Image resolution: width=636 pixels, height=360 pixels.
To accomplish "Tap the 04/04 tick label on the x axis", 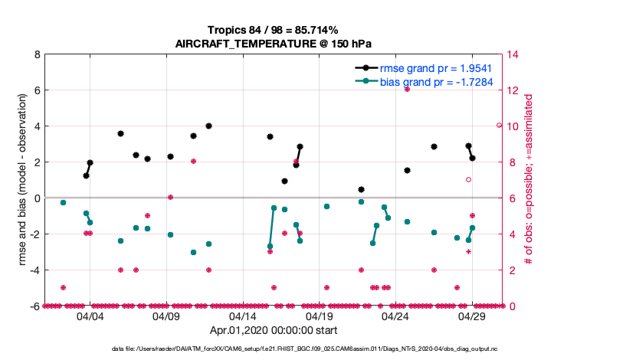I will point(90,316).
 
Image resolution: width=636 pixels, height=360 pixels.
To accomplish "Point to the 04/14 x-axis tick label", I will point(243,316).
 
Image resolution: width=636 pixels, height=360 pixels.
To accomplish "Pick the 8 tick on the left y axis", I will point(37,54).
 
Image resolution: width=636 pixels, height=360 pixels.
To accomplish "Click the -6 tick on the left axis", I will point(35,306).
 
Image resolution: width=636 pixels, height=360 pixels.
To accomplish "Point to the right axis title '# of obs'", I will point(529,180).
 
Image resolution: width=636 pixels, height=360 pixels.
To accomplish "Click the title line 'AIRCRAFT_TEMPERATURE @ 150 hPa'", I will point(274,43).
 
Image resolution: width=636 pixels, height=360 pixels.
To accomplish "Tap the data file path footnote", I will point(318,349).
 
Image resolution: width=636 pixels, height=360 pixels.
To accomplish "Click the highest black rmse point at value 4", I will point(208,126).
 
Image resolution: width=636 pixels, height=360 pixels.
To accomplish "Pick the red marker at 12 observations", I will point(407,89).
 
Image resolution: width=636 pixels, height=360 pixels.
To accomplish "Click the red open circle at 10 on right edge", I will point(499,125).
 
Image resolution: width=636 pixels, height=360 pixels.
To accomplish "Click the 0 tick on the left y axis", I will point(37,198).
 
